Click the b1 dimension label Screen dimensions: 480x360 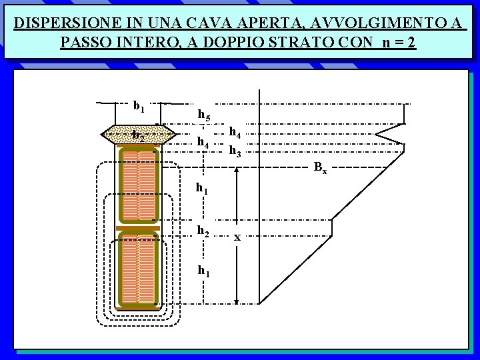139,105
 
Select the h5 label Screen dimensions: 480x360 204,116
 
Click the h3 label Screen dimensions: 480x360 235,151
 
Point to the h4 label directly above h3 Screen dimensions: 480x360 235,133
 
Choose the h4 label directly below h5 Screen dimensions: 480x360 203,143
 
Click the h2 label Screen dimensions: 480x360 203,230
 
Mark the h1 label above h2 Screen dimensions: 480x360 202,189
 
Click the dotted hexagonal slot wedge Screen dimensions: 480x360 139,135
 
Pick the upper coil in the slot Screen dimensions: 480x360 139,187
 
